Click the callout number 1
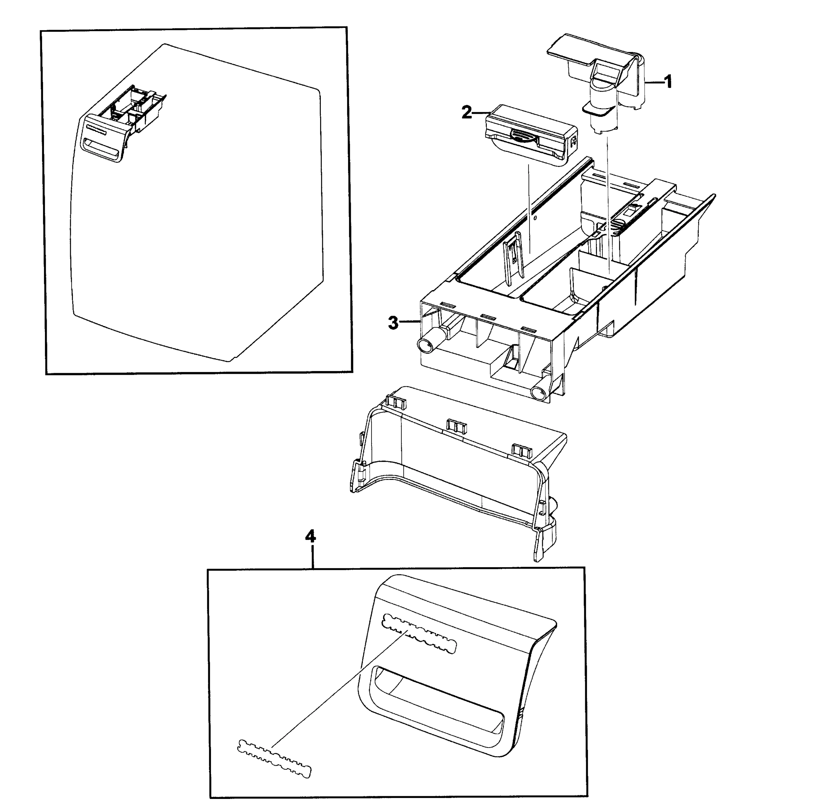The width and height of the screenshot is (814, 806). [x=668, y=82]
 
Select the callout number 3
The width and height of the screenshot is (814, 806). [x=393, y=323]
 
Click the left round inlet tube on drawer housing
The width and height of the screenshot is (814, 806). [x=428, y=343]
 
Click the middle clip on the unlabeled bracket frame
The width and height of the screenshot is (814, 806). [x=457, y=426]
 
